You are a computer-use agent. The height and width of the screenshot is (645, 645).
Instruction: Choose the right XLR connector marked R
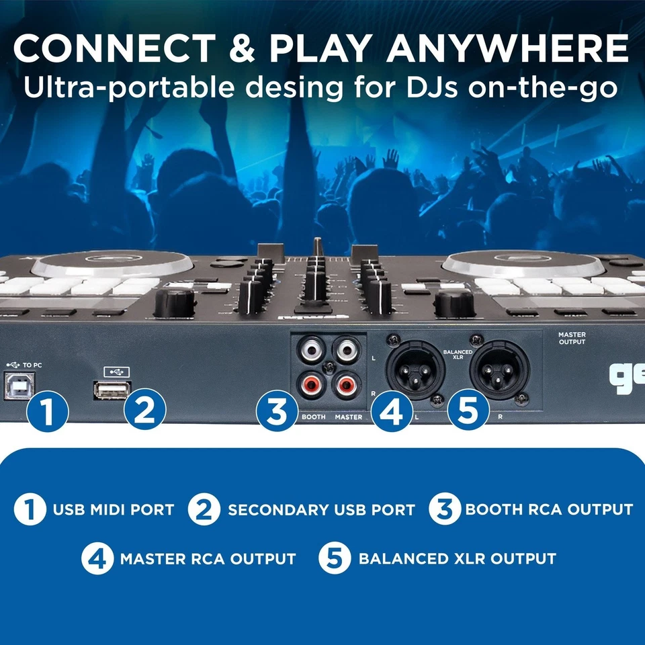pyautogui.click(x=496, y=365)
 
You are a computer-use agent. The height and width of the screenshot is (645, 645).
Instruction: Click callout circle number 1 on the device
pyautogui.click(x=48, y=411)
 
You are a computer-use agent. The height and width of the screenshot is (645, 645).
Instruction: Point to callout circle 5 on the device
pyautogui.click(x=467, y=411)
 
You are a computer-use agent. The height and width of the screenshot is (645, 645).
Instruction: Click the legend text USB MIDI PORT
pyautogui.click(x=114, y=509)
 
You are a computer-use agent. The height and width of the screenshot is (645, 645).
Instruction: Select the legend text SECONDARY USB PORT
pyautogui.click(x=321, y=509)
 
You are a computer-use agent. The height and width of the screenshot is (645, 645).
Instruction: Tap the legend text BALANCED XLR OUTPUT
pyautogui.click(x=457, y=558)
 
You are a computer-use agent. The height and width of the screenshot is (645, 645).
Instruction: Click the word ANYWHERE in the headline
pyautogui.click(x=508, y=48)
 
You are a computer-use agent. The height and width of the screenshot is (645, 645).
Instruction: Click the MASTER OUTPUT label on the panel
pyautogui.click(x=571, y=337)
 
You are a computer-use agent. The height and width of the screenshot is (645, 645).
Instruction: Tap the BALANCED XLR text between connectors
pyautogui.click(x=458, y=354)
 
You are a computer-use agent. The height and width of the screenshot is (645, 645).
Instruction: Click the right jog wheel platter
pyautogui.click(x=524, y=263)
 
